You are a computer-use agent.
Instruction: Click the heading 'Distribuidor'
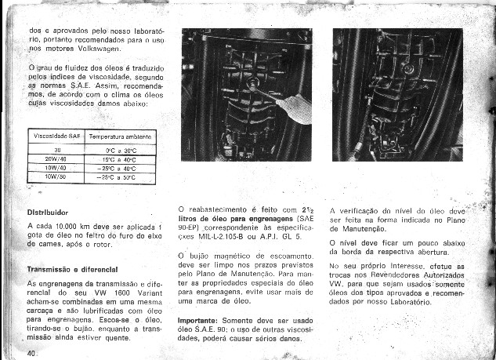[x=49, y=212]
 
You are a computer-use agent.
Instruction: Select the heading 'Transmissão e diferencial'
[x=71, y=268]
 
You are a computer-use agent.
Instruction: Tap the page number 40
[x=32, y=354]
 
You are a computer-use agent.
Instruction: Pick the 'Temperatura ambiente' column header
[x=121, y=136]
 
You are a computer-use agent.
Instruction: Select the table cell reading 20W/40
[x=56, y=158]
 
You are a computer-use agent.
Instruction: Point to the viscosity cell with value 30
[x=56, y=149]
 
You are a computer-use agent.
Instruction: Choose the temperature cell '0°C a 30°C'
[x=121, y=149]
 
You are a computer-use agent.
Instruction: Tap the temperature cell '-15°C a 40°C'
[x=121, y=158]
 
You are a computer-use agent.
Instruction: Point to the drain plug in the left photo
[x=254, y=82]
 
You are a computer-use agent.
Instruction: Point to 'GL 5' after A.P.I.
[x=289, y=235]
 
